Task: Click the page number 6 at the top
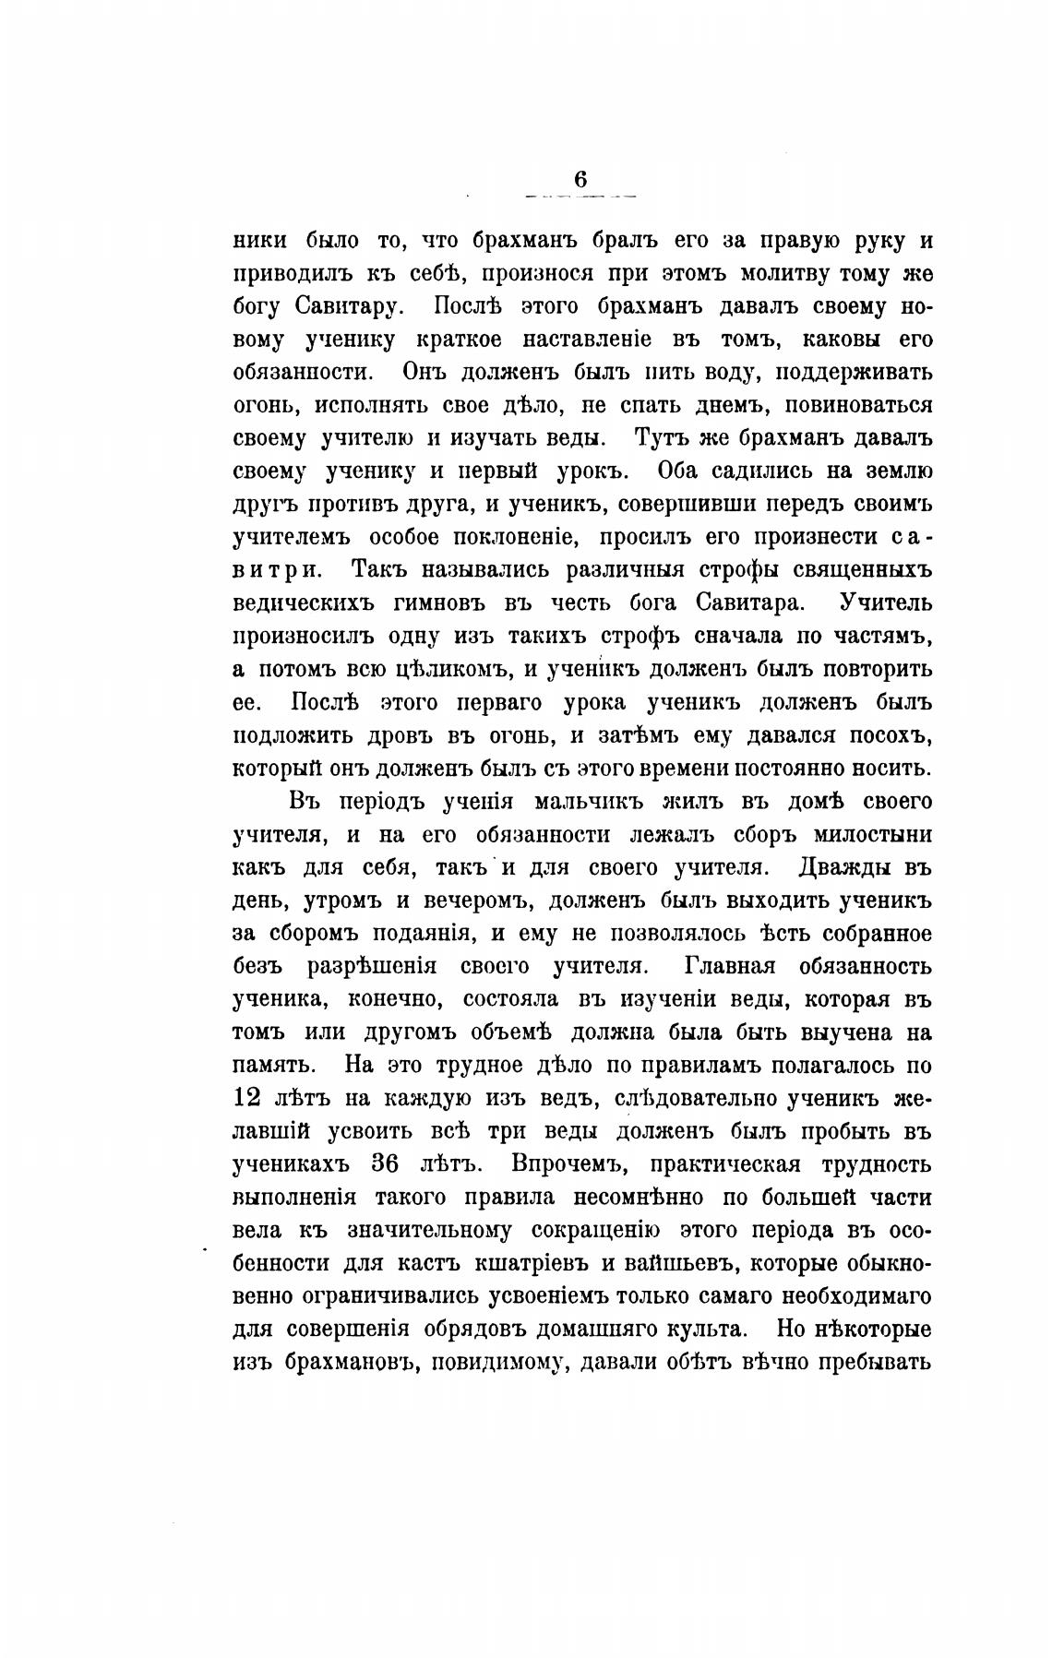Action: [x=580, y=180]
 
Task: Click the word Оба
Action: [x=682, y=471]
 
